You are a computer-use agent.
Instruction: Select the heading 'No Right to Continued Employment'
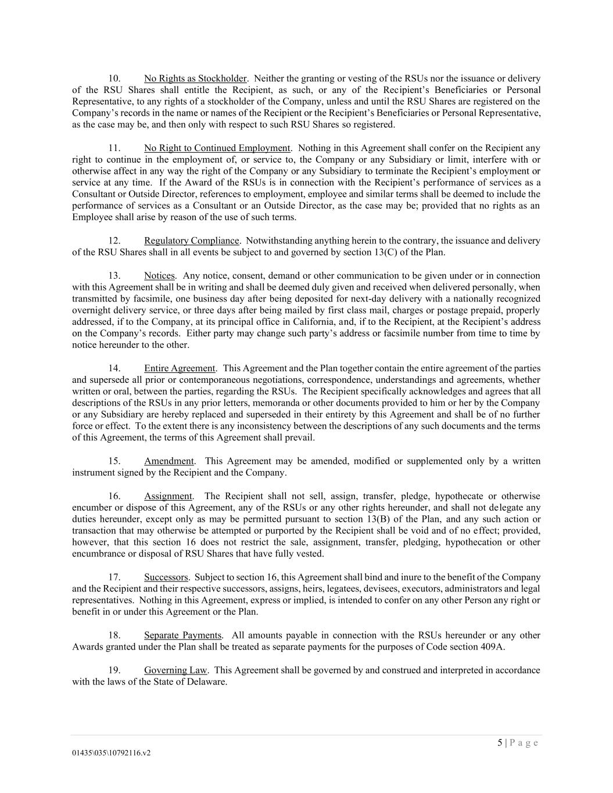[217, 148]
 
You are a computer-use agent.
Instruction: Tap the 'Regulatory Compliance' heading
[191, 241]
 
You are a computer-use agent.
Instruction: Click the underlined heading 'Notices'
[159, 275]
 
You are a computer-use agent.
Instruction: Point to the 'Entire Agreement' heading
[180, 368]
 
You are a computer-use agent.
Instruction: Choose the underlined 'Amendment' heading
[169, 461]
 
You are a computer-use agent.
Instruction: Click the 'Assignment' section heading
[168, 496]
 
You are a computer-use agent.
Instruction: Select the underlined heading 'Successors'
[166, 577]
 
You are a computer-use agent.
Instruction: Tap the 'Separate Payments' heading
[182, 636]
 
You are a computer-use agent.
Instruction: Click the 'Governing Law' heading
[176, 670]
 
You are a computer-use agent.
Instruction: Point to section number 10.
[114, 78]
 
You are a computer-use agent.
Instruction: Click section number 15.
[114, 461]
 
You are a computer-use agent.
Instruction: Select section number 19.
[114, 670]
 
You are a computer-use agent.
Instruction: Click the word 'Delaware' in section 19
[207, 682]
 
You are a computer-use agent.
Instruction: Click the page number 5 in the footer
[500, 743]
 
